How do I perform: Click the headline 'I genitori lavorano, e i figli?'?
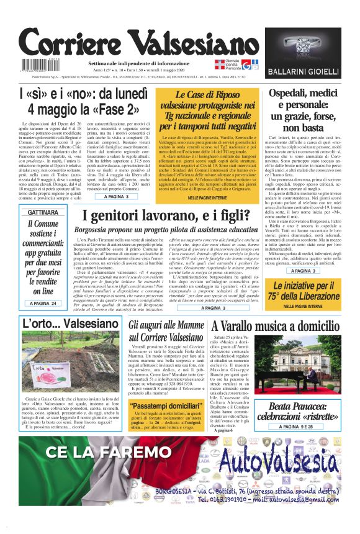[x=179, y=217]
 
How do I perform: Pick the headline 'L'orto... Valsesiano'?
[x=61, y=324]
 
